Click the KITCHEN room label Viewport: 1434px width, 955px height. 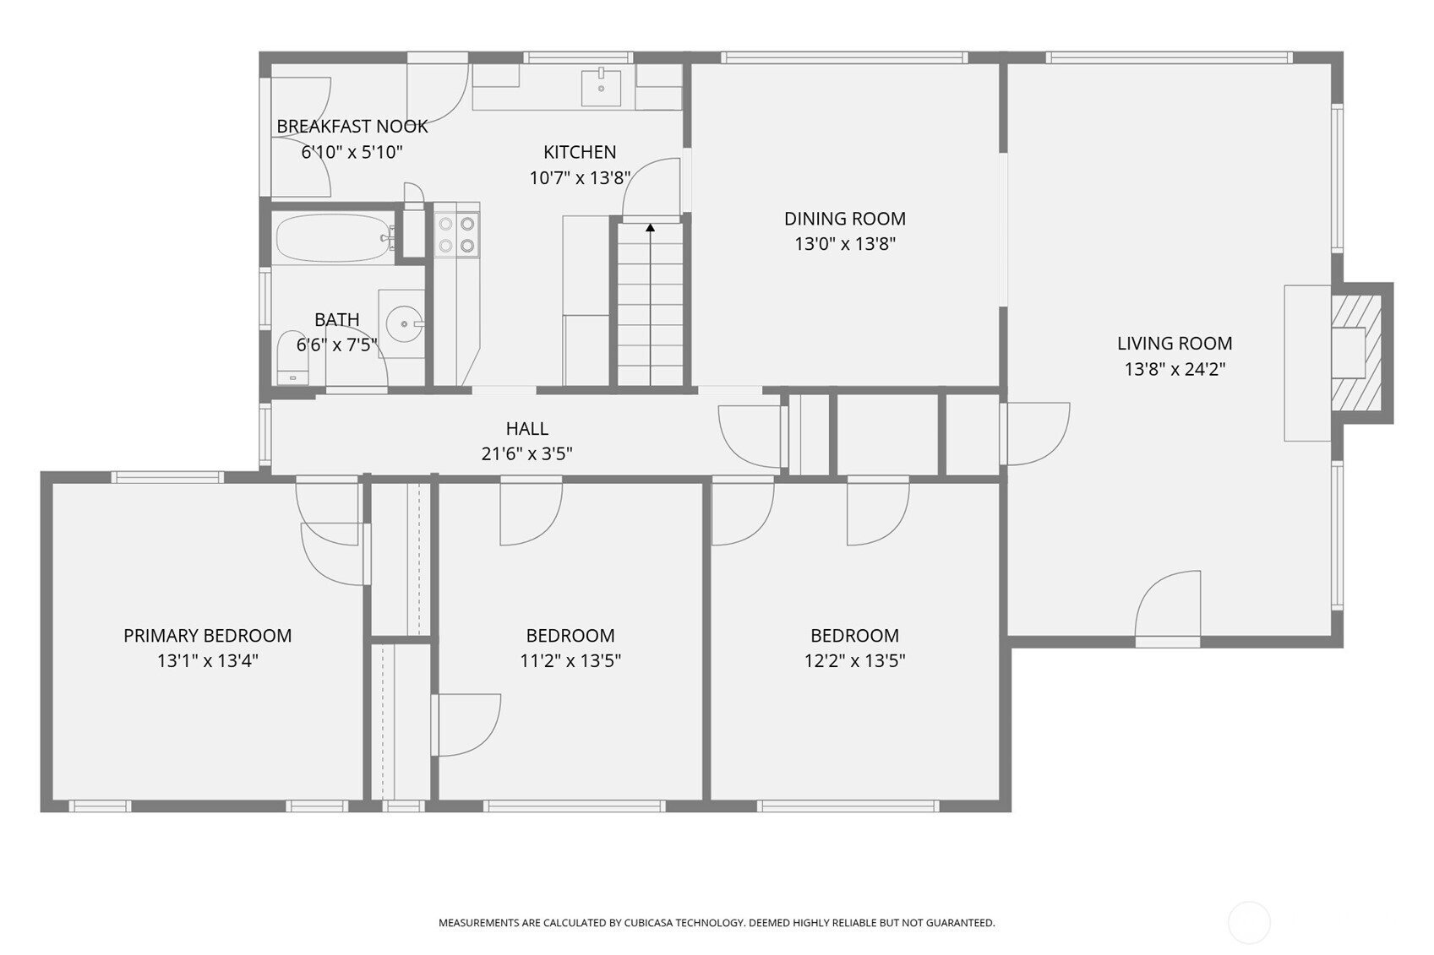coord(580,152)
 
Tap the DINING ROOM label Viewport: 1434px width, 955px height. coord(845,219)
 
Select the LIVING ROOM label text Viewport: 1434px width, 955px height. coord(1175,344)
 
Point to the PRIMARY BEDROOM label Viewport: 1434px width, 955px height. coord(207,636)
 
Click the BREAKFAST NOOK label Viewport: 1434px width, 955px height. coord(352,127)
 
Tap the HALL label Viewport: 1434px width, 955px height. coord(526,429)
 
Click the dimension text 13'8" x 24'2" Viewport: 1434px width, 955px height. coord(1175,370)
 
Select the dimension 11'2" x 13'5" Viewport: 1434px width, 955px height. coord(570,661)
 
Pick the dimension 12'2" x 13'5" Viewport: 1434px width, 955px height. coord(854,661)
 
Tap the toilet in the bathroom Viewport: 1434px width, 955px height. coord(292,358)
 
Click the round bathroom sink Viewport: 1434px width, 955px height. coord(405,324)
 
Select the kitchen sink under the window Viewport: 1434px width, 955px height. coord(601,89)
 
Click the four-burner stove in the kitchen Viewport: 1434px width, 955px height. coord(456,234)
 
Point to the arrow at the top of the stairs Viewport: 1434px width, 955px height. coord(651,227)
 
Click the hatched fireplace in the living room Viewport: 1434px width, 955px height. coord(1356,353)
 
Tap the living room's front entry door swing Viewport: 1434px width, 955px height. coord(1168,604)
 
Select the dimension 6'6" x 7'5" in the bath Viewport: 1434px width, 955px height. coord(336,345)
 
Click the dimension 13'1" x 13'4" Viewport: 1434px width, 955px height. coord(207,661)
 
